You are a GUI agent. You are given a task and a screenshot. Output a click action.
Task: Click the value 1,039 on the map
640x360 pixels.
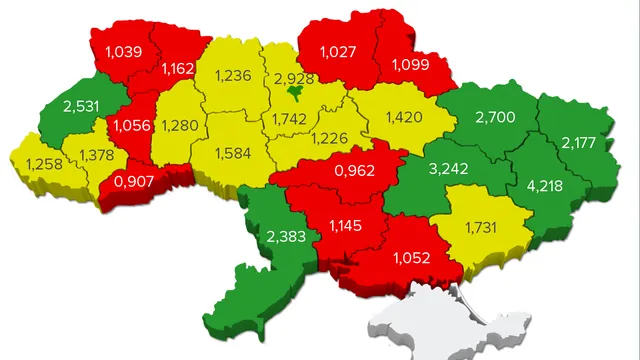121,51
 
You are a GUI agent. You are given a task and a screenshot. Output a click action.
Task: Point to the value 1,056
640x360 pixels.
131,125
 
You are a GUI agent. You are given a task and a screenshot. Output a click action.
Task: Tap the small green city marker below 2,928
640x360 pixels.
295,94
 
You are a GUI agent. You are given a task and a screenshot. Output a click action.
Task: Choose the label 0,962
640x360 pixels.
355,169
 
